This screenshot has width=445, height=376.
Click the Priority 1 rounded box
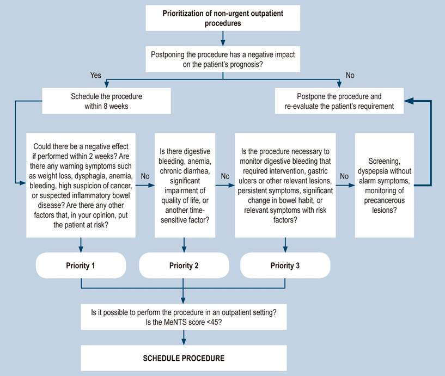[x=81, y=266]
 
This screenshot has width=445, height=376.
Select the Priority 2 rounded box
[x=184, y=266]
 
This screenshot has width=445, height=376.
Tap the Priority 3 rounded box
[x=285, y=266]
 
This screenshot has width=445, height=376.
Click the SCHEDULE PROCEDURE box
[x=184, y=358]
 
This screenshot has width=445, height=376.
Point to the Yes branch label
[x=96, y=75]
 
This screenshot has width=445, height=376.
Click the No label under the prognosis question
[x=350, y=75]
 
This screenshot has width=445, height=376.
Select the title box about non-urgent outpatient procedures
[x=223, y=18]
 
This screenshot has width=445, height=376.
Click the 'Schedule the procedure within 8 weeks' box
[x=106, y=101]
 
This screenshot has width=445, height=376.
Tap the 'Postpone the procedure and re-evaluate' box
[x=339, y=101]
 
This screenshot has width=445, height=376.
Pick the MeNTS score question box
[x=184, y=317]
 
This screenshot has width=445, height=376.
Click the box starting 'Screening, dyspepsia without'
[x=384, y=186]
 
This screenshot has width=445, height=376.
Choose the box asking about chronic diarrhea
[x=185, y=186]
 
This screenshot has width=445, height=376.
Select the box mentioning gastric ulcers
[x=285, y=186]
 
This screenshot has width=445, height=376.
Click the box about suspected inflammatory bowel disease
[x=81, y=186]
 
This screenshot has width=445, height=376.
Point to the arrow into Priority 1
[x=81, y=245]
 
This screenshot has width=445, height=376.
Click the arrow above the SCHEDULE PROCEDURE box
[x=184, y=337]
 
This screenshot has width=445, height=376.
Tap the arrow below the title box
[x=223, y=38]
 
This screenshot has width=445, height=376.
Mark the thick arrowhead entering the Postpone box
[x=408, y=101]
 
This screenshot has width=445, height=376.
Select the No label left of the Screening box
[x=344, y=176]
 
